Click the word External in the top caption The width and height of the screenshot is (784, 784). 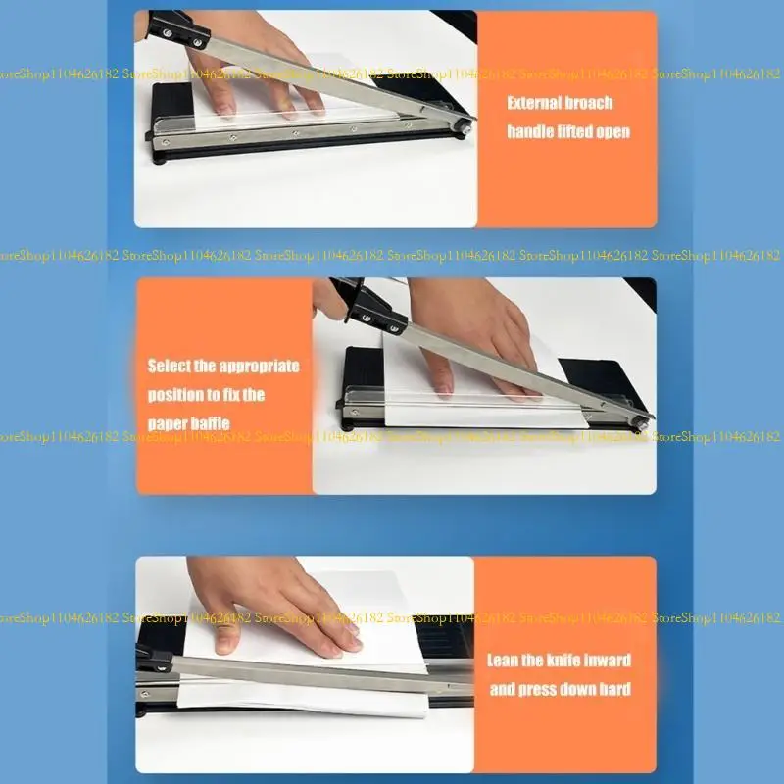534,103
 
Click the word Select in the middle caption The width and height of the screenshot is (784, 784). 169,367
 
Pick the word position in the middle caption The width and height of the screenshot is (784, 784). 177,395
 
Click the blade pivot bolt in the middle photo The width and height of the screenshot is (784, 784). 643,419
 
